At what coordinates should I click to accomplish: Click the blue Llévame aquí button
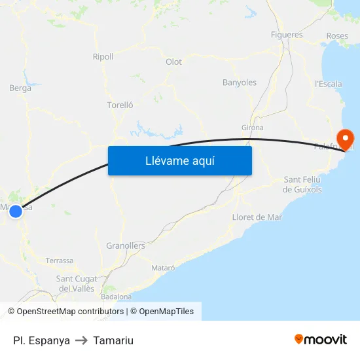179,160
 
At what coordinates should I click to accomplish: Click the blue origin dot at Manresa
16,211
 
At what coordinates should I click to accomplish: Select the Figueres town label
287,35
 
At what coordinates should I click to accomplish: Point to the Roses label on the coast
337,35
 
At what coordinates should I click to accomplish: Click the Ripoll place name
103,57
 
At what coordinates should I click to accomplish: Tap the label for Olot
173,62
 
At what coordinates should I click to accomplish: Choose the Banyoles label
240,82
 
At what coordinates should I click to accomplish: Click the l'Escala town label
328,84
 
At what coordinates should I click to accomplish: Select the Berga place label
20,88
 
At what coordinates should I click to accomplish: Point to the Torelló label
120,105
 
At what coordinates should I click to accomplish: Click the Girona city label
253,128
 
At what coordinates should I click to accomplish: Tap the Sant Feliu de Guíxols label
302,185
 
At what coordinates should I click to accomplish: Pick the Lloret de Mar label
257,217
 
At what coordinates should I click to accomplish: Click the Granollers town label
126,245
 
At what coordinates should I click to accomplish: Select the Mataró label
163,268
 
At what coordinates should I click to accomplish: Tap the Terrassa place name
60,261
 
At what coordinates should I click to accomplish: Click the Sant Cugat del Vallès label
77,283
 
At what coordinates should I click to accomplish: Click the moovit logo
321,340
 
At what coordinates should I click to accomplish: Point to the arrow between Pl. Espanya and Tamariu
81,340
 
